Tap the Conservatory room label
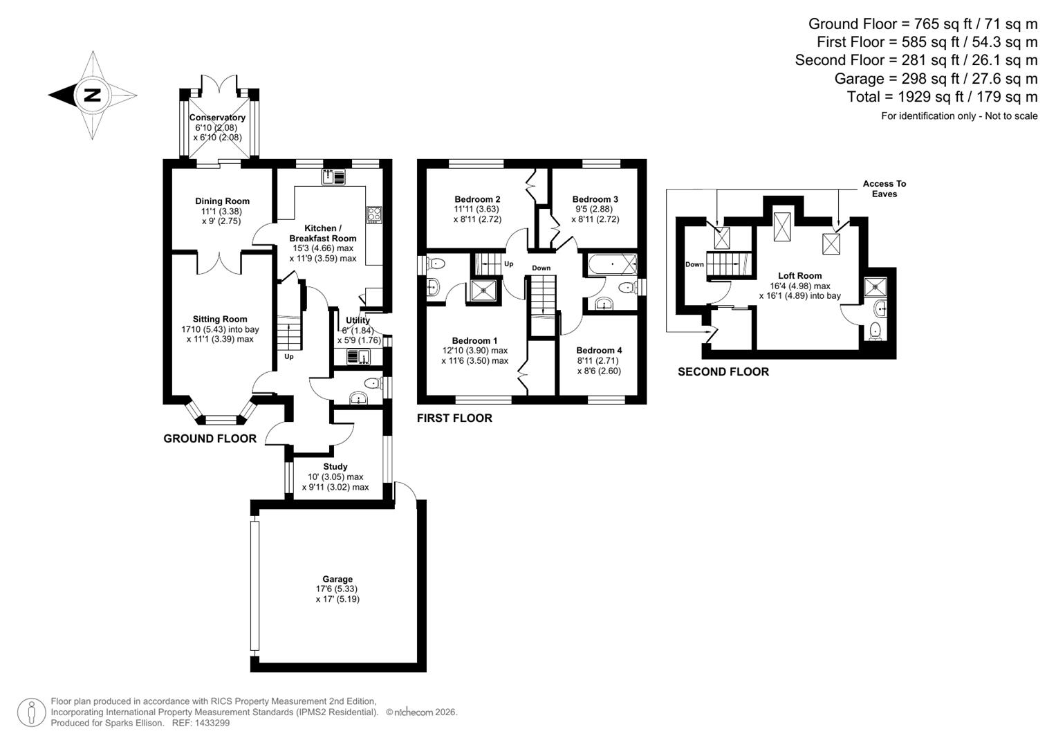(217, 118)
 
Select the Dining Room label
(222, 201)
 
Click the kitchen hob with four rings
(374, 214)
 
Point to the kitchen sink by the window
(333, 177)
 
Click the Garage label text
(337, 579)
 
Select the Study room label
(335, 466)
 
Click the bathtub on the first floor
(611, 264)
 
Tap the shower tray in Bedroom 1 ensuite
(484, 290)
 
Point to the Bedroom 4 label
(599, 350)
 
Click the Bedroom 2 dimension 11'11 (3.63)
(476, 209)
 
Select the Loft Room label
(799, 275)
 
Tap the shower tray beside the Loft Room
(877, 285)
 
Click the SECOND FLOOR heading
(723, 372)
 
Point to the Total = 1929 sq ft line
(942, 97)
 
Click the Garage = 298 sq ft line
(936, 78)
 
